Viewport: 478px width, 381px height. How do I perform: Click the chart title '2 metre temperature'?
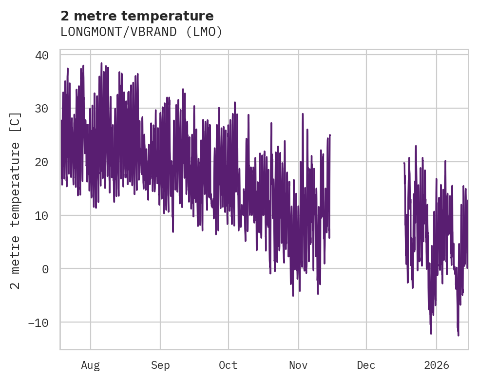137,16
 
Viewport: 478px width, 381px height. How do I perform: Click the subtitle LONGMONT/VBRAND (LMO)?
141,32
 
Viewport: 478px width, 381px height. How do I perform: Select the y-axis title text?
16,200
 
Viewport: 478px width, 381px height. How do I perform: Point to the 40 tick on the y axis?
42,55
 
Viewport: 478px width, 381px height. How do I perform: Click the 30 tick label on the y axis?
42,109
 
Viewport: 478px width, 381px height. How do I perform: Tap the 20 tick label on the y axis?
42,162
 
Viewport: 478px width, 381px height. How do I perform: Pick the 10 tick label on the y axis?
42,215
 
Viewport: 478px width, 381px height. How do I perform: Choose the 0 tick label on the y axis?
45,269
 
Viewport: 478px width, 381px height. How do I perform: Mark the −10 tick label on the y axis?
38,323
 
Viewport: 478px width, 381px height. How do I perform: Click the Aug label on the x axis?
91,365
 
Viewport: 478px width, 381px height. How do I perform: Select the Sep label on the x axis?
160,365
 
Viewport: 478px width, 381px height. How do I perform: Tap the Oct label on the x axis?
228,365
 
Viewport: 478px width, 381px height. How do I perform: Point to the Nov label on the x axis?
298,365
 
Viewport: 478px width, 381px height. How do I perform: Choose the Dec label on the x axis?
366,365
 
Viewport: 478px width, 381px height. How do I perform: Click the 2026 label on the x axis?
437,365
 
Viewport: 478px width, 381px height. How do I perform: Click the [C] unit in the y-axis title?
16,122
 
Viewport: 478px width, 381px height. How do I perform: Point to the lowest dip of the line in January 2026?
458,335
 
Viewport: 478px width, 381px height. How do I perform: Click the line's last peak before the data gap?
330,135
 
